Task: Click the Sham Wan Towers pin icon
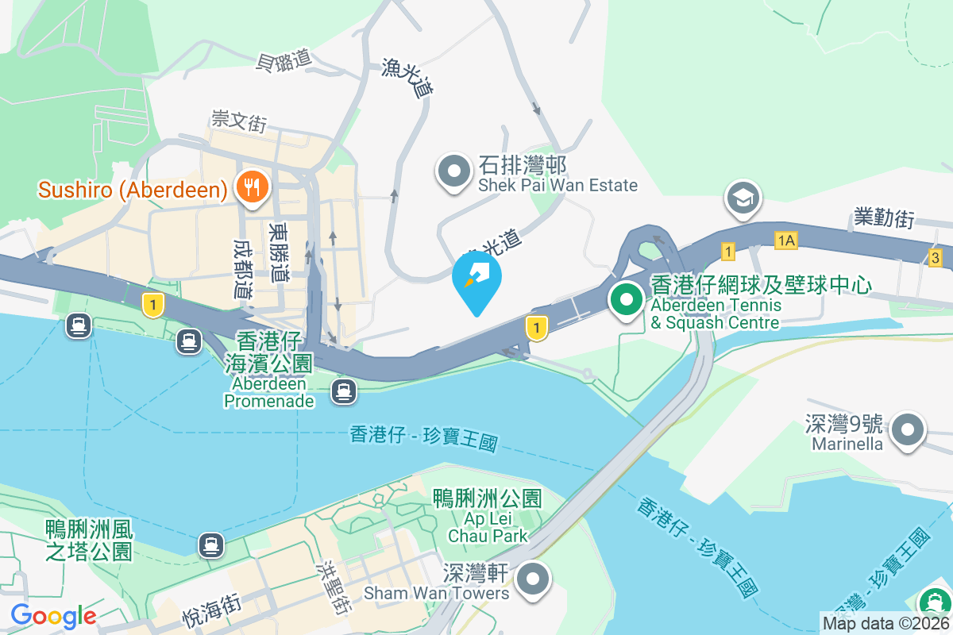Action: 534,580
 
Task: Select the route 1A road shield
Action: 786,239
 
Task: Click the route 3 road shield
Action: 936,257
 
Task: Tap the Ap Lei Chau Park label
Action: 488,517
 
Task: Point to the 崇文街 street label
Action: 238,121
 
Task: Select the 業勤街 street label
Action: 884,218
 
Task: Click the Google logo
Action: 53,616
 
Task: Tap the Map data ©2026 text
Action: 885,624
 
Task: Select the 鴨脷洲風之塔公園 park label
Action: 89,540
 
